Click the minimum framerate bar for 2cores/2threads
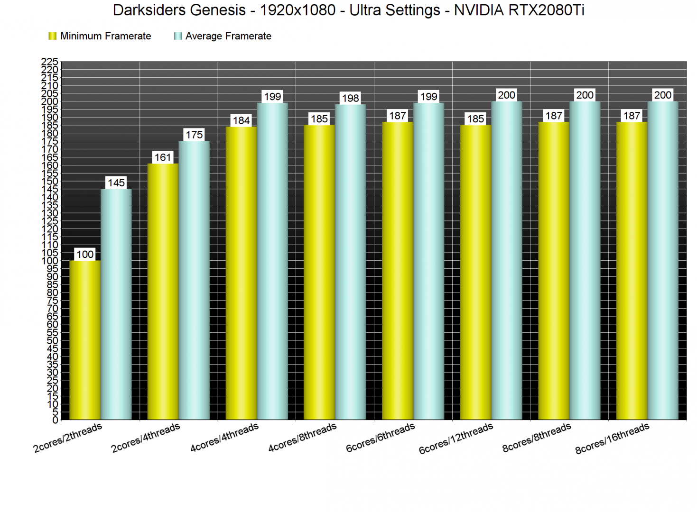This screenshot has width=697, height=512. pyautogui.click(x=85, y=340)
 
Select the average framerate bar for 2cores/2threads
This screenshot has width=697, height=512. pyautogui.click(x=116, y=304)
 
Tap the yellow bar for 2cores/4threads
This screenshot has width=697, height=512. pyautogui.click(x=163, y=292)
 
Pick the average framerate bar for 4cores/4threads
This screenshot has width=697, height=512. pyautogui.click(x=272, y=261)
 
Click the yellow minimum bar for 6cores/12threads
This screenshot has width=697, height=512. pyautogui.click(x=475, y=272)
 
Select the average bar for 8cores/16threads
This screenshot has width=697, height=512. pyautogui.click(x=663, y=260)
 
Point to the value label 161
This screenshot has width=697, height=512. pyautogui.click(x=163, y=157)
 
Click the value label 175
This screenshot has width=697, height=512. pyautogui.click(x=194, y=135)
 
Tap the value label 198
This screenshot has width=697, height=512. pyautogui.click(x=350, y=98)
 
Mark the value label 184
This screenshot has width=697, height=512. pyautogui.click(x=241, y=120)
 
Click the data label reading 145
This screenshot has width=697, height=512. pyautogui.click(x=116, y=183)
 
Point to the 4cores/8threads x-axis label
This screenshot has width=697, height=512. pyautogui.click(x=302, y=438)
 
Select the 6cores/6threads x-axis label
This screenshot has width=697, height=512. pyautogui.click(x=381, y=438)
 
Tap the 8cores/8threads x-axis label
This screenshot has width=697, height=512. pyautogui.click(x=537, y=438)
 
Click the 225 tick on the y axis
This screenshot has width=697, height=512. pyautogui.click(x=50, y=62)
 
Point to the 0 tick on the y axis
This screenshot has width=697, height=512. pyautogui.click(x=55, y=420)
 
